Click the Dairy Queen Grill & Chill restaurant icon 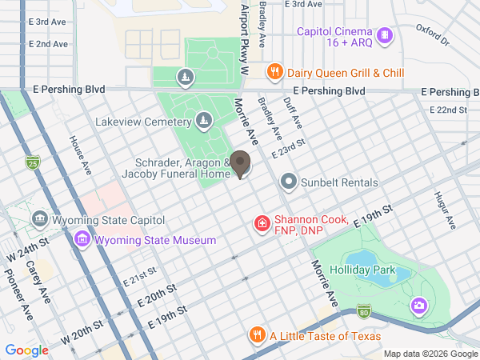point(274,72)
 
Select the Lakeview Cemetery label point(143,122)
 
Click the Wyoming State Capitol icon point(39,219)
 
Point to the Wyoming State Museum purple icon point(82,239)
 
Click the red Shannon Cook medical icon point(261,222)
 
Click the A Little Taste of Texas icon point(257,335)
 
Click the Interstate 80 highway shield point(364,310)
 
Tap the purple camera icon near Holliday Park point(418,305)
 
